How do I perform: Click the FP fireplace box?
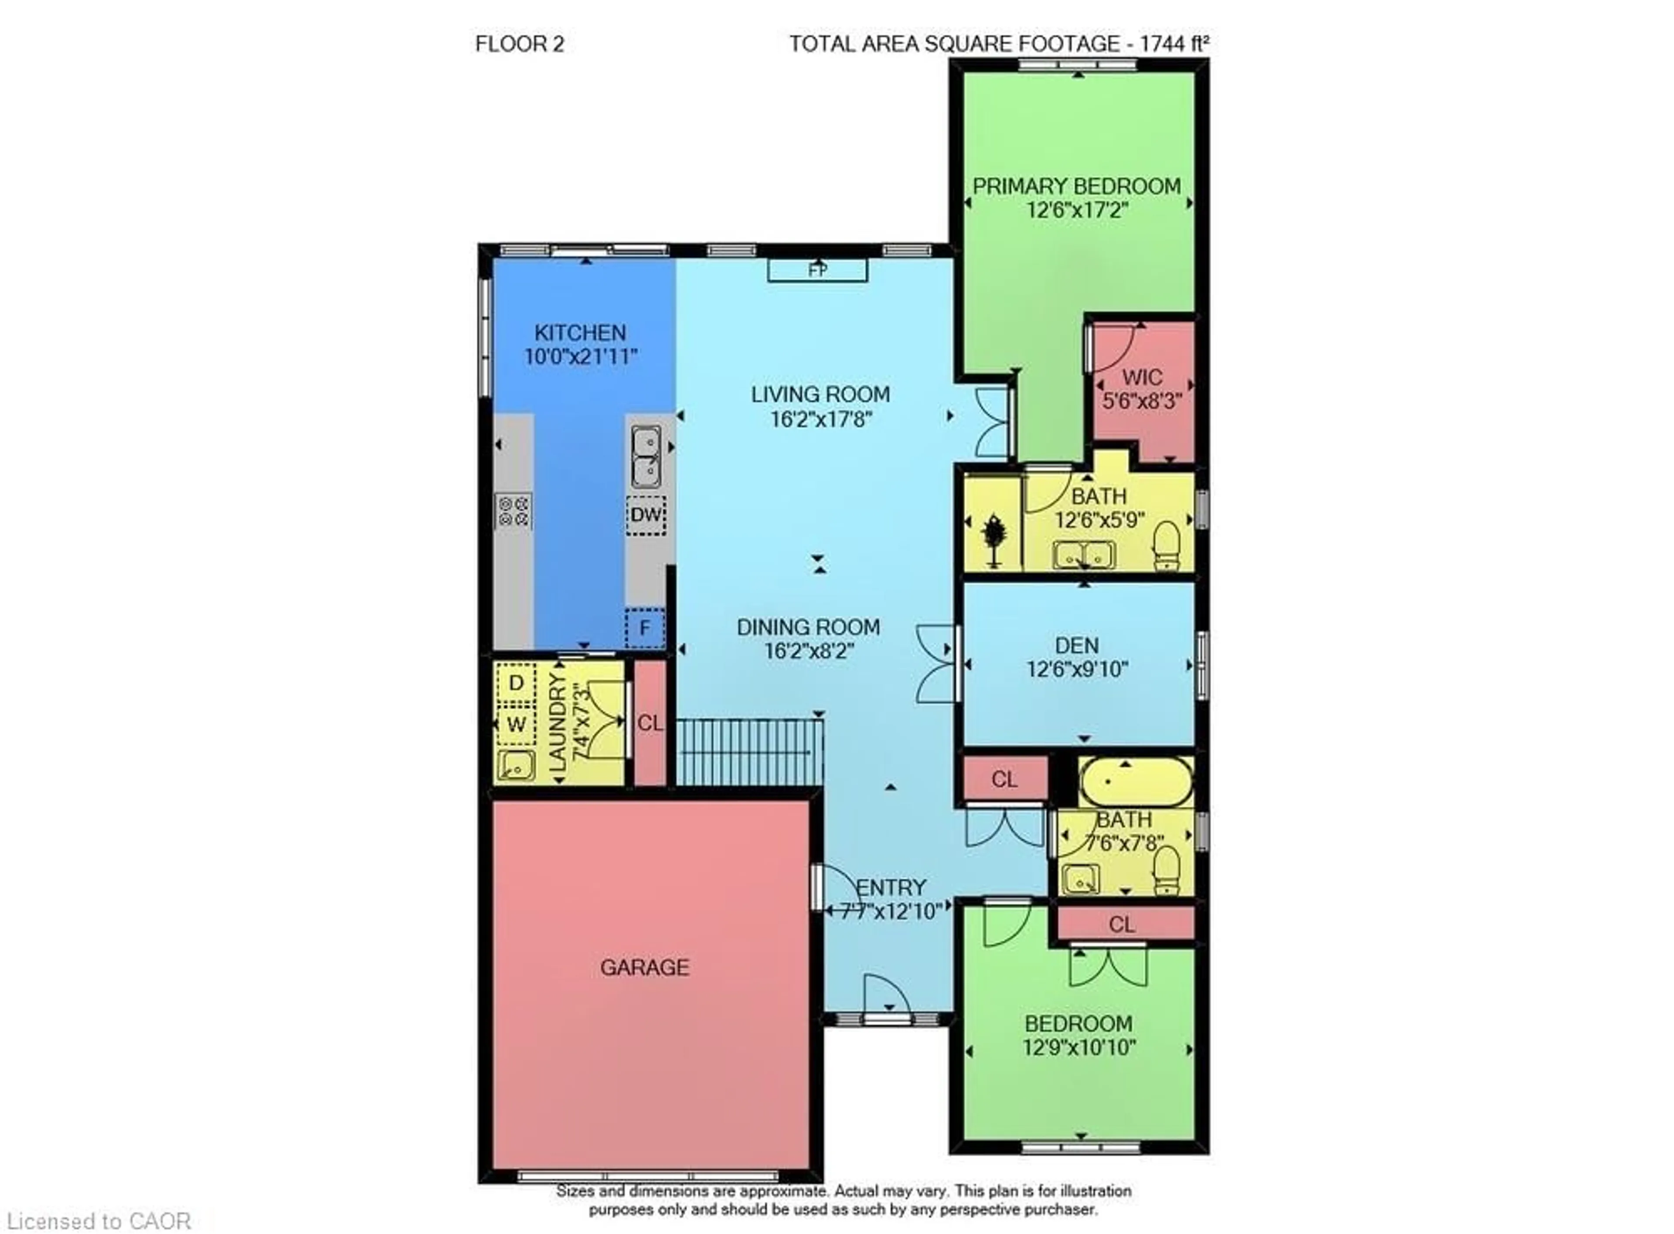tap(817, 269)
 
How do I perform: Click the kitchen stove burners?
tap(513, 511)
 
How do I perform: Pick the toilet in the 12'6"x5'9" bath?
tap(1166, 545)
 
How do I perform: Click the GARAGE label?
tap(644, 967)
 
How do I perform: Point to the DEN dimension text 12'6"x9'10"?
tap(1077, 669)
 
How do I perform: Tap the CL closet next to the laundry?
tap(649, 723)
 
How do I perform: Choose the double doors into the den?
tap(937, 663)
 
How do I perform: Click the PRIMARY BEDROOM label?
tap(1076, 186)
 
